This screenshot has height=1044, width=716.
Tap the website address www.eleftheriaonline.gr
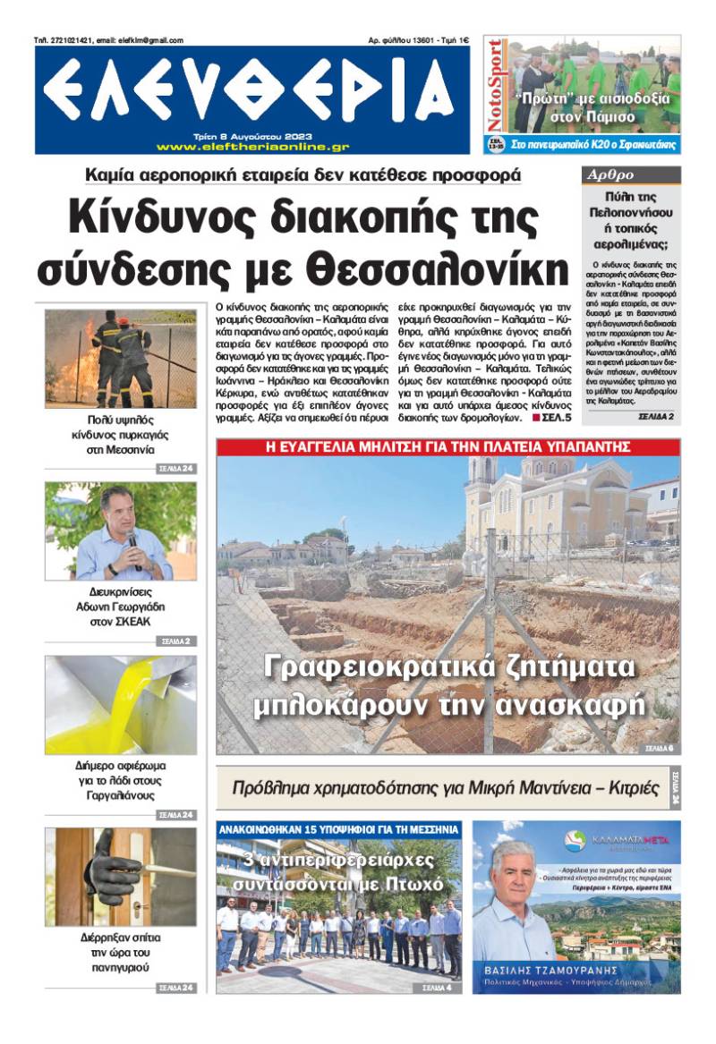(x=252, y=147)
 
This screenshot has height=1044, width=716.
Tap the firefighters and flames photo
(x=121, y=359)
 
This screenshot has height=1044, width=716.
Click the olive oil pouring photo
(x=121, y=704)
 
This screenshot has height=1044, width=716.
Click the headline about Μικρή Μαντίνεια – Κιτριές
(x=441, y=788)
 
